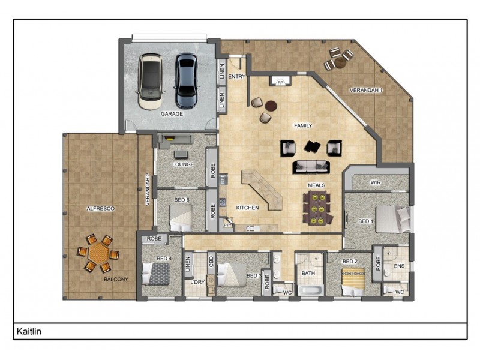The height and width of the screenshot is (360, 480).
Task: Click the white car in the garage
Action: click(150, 82)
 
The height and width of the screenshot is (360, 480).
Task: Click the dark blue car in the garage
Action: click(186, 80)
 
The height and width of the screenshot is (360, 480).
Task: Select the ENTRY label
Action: click(237, 77)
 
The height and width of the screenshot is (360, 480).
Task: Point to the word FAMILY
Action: click(303, 126)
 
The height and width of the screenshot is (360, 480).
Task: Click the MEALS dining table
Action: click(316, 208)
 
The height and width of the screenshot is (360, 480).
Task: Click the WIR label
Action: click(376, 182)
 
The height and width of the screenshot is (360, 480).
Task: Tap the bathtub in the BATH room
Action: click(310, 291)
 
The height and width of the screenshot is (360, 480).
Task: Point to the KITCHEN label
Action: click(247, 208)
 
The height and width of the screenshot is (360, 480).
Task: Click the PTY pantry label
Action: click(227, 224)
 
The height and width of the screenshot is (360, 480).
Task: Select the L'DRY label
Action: click(197, 282)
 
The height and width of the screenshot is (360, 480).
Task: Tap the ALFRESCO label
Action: click(100, 208)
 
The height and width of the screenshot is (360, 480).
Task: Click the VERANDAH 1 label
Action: click(366, 90)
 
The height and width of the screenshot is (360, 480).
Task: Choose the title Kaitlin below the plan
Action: click(29, 331)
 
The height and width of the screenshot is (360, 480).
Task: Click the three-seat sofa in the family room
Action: click(311, 166)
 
